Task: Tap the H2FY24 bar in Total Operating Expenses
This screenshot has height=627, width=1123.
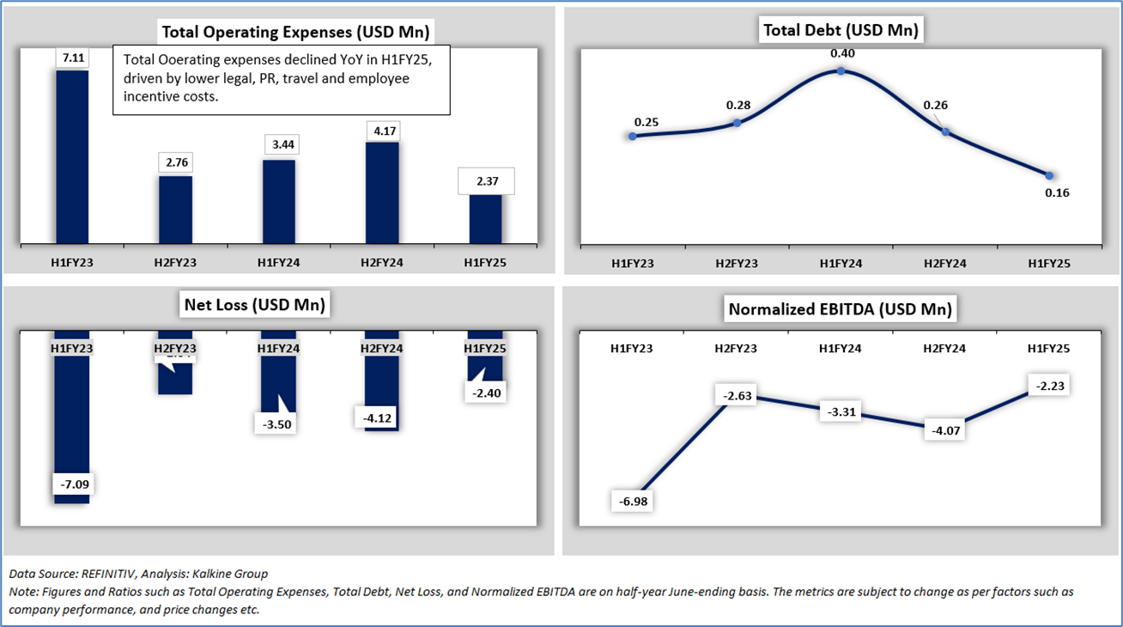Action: click(382, 193)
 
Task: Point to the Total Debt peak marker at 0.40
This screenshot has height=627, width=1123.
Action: click(841, 71)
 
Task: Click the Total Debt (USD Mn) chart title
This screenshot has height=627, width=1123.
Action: click(841, 31)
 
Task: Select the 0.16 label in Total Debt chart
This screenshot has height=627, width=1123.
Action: click(1056, 192)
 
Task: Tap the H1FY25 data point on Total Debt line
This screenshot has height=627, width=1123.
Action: click(1049, 175)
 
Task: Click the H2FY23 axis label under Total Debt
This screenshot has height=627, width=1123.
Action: click(737, 264)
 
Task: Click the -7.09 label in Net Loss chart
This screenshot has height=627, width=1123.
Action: click(73, 484)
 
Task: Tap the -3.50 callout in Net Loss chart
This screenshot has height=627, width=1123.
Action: click(277, 424)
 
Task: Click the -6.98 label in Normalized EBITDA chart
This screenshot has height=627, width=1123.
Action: click(631, 501)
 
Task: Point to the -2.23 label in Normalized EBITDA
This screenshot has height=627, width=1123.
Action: click(1048, 387)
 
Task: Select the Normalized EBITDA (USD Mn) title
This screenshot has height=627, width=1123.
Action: click(840, 309)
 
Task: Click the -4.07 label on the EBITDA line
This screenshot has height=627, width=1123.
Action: click(944, 429)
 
